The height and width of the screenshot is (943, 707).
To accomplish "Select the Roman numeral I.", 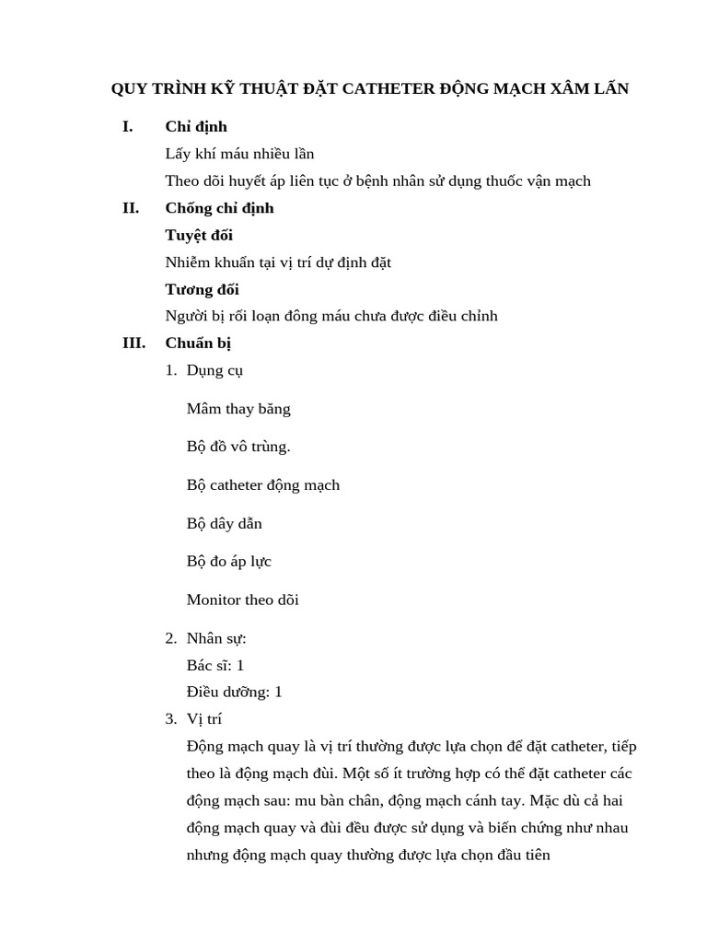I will coord(128,127).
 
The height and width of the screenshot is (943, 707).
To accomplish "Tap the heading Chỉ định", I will coord(196,127).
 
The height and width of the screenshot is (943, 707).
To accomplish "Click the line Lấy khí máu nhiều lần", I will coord(239,154).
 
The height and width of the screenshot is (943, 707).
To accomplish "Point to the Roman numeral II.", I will coord(131,208).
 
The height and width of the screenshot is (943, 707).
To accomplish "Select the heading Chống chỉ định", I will coord(219,208).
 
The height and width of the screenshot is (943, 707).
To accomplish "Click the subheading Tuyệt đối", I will coord(199,236).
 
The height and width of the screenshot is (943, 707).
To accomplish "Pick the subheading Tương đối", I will coord(202,289).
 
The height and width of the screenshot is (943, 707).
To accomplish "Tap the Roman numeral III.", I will coord(133,343).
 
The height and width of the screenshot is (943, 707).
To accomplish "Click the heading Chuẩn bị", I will coord(198,343).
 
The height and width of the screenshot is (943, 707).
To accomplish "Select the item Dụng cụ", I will coord(214,371).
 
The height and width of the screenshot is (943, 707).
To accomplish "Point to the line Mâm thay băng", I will coord(238,409).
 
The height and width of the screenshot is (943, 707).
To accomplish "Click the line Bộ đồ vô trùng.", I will coord(238,447).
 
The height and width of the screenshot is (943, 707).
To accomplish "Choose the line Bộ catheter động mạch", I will coord(263,485).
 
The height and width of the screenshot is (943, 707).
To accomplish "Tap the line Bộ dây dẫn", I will coord(225,524).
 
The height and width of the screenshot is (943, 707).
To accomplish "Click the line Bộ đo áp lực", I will coord(229,562).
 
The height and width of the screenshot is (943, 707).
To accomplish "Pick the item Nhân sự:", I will coord(216,638).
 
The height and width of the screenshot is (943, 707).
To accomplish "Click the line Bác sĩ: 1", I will coord(215,665).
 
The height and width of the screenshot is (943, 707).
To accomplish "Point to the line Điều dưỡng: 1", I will coord(234,692).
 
